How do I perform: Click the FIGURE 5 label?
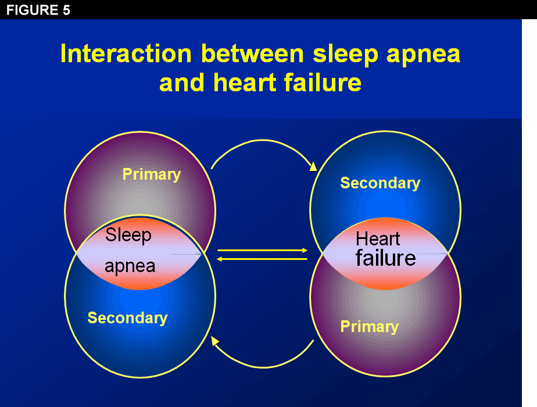click(x=38, y=10)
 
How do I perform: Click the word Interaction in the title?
click(x=126, y=54)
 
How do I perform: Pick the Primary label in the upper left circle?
click(x=152, y=174)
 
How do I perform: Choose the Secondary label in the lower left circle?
click(x=127, y=318)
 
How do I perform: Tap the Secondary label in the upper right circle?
click(x=380, y=183)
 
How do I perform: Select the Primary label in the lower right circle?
click(x=370, y=327)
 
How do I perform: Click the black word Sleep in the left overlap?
click(x=128, y=235)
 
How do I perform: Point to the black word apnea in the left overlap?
click(x=130, y=266)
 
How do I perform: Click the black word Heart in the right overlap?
click(x=378, y=239)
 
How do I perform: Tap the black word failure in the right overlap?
click(x=385, y=258)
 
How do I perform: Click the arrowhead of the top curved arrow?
click(x=313, y=167)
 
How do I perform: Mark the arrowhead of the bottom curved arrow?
click(x=215, y=341)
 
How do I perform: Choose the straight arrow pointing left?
click(x=262, y=259)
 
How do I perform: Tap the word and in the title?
click(x=181, y=83)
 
